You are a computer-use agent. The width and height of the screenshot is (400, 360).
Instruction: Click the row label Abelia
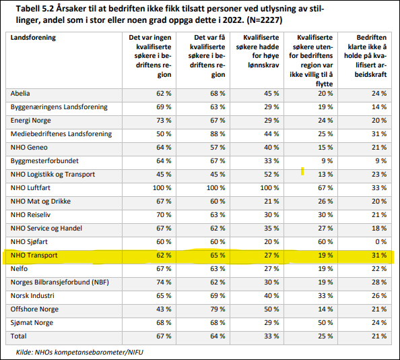pyautogui.click(x=20, y=94)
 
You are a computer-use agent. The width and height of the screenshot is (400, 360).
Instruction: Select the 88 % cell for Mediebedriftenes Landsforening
pyautogui.click(x=218, y=133)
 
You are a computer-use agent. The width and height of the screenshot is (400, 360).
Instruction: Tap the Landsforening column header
pyautogui.click(x=33, y=38)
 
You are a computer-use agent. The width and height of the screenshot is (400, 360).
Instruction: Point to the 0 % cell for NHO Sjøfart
pyautogui.click(x=381, y=242)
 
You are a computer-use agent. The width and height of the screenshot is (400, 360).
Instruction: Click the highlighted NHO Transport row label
pyautogui.click(x=34, y=256)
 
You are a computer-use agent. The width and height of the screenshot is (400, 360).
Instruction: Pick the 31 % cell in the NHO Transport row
pyautogui.click(x=379, y=256)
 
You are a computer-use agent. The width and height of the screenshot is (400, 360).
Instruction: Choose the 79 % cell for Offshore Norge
pyautogui.click(x=218, y=309)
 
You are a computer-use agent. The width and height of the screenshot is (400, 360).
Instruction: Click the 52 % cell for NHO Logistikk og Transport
pyautogui.click(x=271, y=175)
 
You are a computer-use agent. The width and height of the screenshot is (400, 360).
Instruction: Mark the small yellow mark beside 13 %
pyautogui.click(x=302, y=171)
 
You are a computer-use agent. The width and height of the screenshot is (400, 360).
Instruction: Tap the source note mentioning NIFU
pyautogui.click(x=79, y=353)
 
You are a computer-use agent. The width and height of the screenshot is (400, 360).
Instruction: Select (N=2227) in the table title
pyautogui.click(x=264, y=20)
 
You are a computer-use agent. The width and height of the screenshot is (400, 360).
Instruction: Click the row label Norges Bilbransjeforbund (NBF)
pyautogui.click(x=60, y=282)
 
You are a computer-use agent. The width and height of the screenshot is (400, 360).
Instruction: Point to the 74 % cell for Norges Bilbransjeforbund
pyautogui.click(x=164, y=282)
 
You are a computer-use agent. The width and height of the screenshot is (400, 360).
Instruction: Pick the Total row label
pyautogui.click(x=18, y=336)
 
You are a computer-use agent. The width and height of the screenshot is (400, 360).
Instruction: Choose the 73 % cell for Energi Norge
pyautogui.click(x=164, y=120)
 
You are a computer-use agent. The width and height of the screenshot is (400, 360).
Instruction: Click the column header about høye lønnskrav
pyautogui.click(x=257, y=51)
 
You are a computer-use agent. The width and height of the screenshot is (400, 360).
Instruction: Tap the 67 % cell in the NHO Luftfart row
pyautogui.click(x=325, y=188)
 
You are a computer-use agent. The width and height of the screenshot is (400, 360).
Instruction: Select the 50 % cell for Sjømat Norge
pyautogui.click(x=325, y=323)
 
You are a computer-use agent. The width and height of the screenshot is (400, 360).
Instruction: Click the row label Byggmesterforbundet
pyautogui.click(x=44, y=161)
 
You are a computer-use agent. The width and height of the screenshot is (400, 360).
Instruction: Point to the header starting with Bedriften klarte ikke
pyautogui.click(x=365, y=56)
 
